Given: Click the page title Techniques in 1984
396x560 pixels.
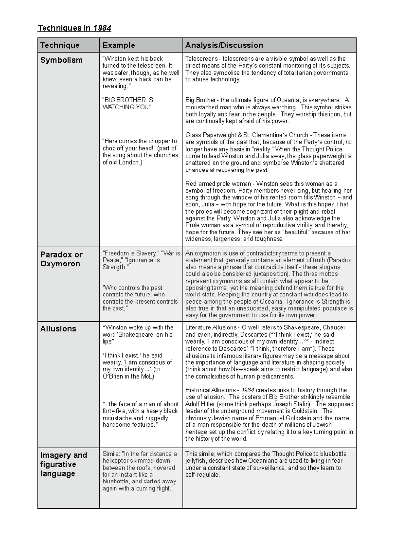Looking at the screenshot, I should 74,28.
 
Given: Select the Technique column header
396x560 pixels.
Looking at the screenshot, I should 60,45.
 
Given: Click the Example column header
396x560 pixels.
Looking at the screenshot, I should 118,45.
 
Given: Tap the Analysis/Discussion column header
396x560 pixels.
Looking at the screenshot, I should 224,45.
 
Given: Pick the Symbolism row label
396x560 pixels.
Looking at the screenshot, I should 61,60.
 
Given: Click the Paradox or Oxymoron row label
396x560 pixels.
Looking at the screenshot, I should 61,259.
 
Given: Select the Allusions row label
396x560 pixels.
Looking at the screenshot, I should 58,329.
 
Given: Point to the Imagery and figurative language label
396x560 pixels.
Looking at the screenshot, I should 63,464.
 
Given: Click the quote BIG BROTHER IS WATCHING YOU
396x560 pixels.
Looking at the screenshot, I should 128,103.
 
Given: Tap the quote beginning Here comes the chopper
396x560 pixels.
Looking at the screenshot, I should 140,152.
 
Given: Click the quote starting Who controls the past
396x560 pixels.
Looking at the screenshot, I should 140,298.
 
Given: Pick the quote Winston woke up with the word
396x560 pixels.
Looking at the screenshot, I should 138,334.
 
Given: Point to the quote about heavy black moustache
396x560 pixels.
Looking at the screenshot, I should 140,414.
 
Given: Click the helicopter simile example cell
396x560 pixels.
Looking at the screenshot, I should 140,471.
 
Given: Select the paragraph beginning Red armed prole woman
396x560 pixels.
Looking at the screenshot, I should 269,211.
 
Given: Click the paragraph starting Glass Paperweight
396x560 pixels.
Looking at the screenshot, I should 269,152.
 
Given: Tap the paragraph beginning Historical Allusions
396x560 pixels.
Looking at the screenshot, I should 269,414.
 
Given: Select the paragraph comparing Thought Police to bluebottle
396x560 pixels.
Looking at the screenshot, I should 266,464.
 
